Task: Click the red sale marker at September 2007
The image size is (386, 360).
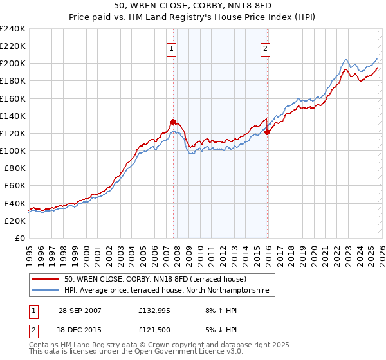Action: [x=173, y=121]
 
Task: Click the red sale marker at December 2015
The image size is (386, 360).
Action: [x=267, y=132]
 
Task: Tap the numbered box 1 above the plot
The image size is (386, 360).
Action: [x=172, y=47]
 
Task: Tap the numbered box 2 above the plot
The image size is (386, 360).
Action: [x=266, y=47]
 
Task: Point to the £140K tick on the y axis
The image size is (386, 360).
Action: [x=13, y=116]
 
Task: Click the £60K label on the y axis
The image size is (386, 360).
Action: [x=15, y=186]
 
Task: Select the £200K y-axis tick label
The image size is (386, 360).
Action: [x=13, y=64]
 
